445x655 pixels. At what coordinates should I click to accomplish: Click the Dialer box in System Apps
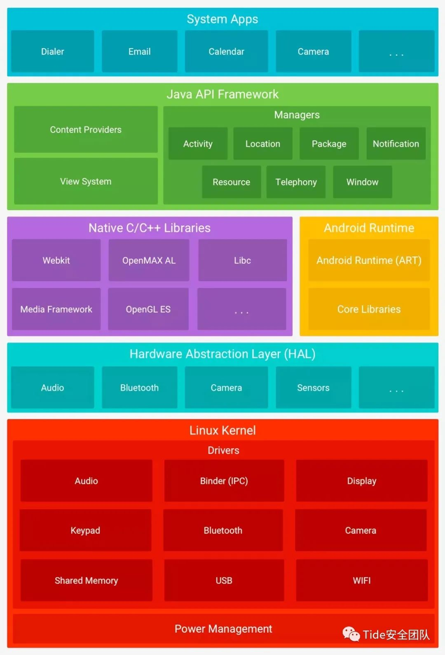(x=53, y=51)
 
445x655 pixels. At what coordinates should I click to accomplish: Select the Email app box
(x=139, y=51)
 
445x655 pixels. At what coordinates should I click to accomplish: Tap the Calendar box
(x=226, y=51)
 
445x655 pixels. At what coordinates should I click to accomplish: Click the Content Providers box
(x=86, y=129)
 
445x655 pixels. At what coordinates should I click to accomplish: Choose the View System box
(x=86, y=181)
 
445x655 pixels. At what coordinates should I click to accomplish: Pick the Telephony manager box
(x=296, y=182)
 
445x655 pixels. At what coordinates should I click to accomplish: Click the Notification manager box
(x=396, y=143)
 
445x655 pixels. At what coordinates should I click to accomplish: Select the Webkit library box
(x=56, y=260)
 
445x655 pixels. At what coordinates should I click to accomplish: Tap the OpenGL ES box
(x=148, y=309)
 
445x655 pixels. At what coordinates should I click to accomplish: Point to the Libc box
(x=242, y=260)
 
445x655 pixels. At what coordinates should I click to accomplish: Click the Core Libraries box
(x=369, y=309)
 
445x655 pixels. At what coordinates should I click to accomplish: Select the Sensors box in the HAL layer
(x=314, y=388)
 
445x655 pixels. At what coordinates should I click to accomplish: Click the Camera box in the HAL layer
(x=226, y=388)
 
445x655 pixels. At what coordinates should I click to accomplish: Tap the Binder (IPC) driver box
(x=224, y=481)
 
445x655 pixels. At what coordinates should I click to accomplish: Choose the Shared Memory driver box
(x=86, y=580)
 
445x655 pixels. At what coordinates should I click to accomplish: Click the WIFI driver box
(x=362, y=580)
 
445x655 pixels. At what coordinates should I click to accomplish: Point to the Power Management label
(x=223, y=629)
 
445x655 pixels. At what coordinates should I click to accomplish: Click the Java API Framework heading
(x=222, y=94)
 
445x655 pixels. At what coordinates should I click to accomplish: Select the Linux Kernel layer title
(x=222, y=430)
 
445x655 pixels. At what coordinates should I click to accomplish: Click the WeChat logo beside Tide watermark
(x=351, y=634)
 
